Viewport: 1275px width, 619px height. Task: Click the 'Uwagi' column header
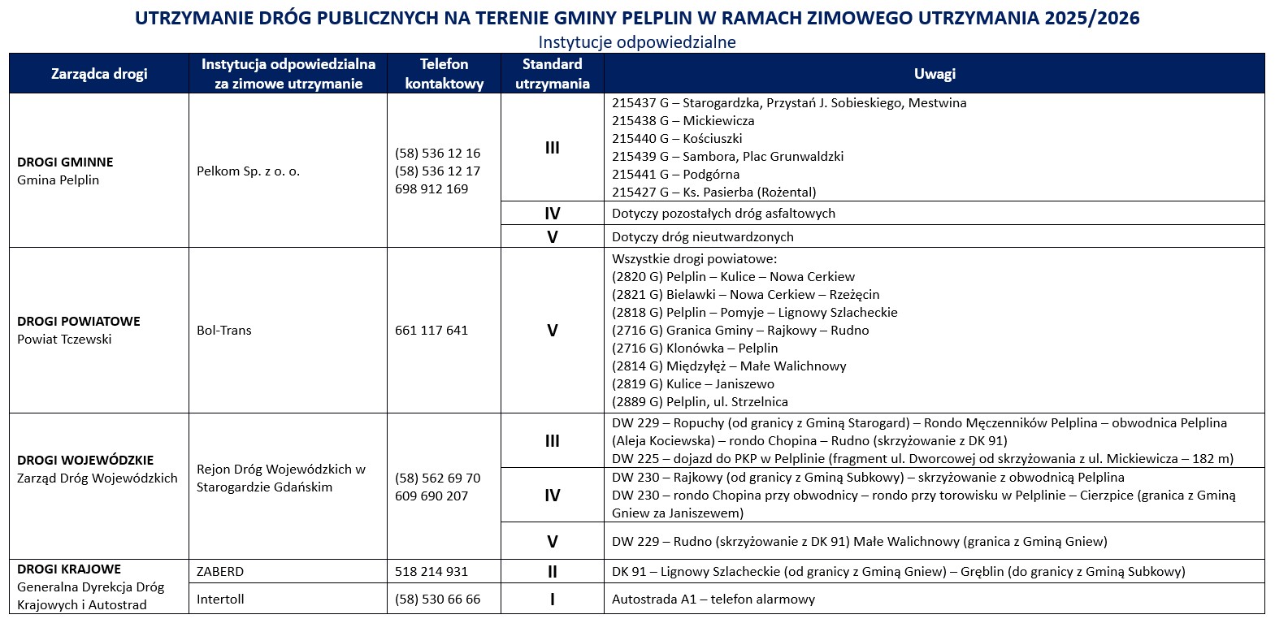pos(934,74)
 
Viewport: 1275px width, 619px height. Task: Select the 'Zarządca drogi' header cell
pos(99,74)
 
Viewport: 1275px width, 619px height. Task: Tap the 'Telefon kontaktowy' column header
pos(444,74)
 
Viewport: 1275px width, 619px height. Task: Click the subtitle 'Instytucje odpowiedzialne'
pos(637,41)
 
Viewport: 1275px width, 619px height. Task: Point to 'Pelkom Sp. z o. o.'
pos(248,171)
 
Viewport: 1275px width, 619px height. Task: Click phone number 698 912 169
pos(432,189)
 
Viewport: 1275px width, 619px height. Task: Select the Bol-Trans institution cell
pos(224,331)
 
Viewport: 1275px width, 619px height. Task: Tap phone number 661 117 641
pos(432,331)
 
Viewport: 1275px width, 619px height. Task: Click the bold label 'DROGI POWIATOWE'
pos(79,322)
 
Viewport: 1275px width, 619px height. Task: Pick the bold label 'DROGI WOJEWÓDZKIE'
pos(85,461)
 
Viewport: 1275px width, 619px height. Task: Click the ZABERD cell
pos(220,572)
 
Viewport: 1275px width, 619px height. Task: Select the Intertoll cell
pos(220,600)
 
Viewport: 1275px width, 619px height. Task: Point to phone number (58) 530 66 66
pos(437,600)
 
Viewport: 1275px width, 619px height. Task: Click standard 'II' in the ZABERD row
pos(553,572)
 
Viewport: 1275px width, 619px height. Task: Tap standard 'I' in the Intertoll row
pos(553,600)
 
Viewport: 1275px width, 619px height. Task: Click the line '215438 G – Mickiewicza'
pos(683,121)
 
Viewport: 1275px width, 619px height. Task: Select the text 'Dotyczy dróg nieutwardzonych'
pos(702,237)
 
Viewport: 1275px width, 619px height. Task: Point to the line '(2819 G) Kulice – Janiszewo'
pos(692,384)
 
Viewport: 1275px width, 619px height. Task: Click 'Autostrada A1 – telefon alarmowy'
pos(713,600)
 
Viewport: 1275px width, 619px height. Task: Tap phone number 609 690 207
pos(432,496)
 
